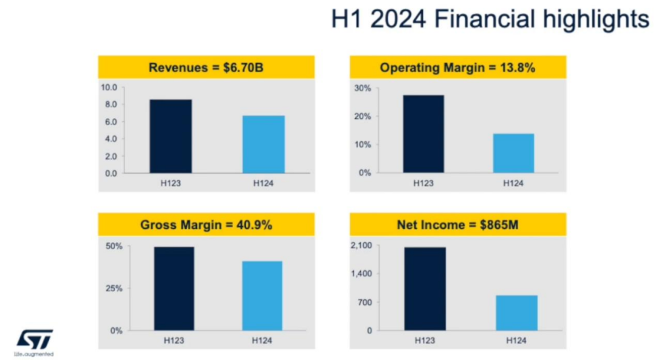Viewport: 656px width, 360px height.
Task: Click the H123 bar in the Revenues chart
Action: tap(171, 137)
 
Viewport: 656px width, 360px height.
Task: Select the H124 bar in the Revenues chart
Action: tap(264, 144)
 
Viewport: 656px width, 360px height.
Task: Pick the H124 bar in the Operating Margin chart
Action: tap(513, 153)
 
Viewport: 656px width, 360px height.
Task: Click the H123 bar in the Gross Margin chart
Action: tap(174, 288)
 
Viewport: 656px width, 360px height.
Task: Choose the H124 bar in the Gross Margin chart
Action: tap(262, 296)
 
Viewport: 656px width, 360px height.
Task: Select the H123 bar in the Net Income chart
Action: tap(425, 288)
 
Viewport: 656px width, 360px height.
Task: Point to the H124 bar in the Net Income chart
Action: tap(516, 313)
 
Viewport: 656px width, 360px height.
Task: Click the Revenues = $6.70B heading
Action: tap(206, 67)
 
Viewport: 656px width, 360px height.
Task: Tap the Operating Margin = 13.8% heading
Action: tap(457, 67)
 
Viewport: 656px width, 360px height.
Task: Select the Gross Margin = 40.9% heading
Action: tap(206, 225)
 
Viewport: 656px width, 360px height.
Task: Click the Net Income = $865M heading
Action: tap(457, 225)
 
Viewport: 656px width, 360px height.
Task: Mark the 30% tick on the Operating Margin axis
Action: tap(363, 88)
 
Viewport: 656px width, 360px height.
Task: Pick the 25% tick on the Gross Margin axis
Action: tap(114, 288)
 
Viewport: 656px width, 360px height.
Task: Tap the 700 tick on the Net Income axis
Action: tap(364, 302)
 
